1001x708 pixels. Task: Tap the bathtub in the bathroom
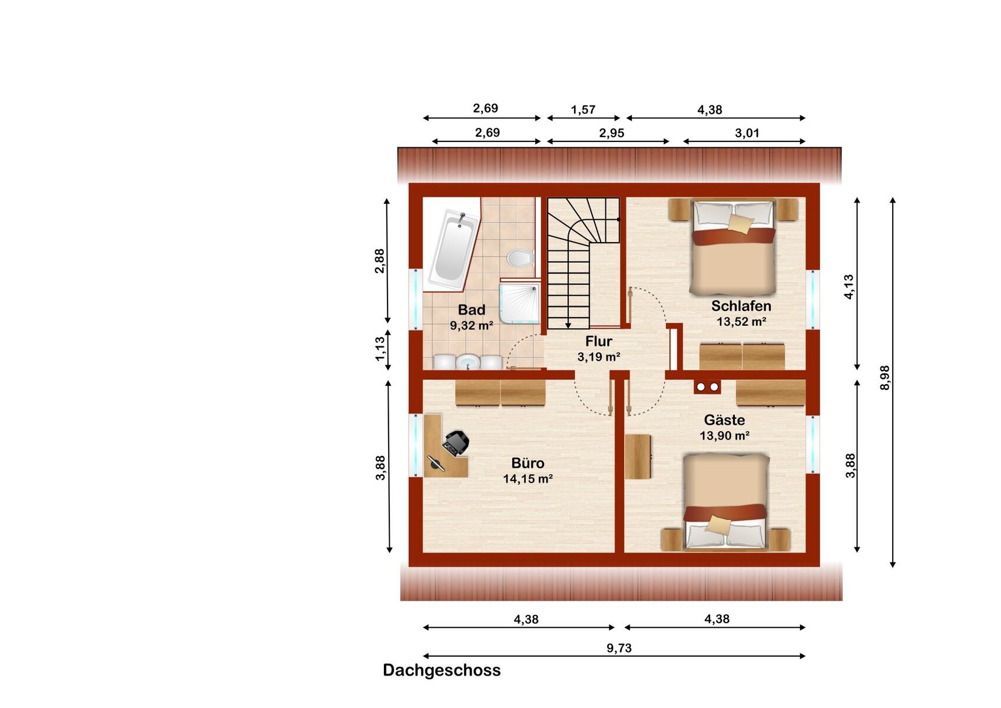coord(453,250)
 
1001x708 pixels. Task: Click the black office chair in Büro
coord(455,443)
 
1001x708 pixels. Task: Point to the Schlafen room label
coord(741,306)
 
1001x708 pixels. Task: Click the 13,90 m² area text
coord(724,435)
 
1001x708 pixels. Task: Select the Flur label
coord(598,342)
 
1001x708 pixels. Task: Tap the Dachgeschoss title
coord(442,670)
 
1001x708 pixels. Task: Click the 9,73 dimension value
coord(619,648)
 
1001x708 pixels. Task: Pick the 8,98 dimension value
coord(885,378)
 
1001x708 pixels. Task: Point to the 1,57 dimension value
coord(583,110)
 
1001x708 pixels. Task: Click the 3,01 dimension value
coord(747,133)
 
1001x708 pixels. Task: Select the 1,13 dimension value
coord(379,349)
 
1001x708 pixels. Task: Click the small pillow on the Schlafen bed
coord(741,223)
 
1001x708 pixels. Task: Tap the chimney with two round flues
coord(707,386)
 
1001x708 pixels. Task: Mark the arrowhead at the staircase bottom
coord(568,325)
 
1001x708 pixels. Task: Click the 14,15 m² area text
coord(528,479)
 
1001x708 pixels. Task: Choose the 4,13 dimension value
coord(848,287)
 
